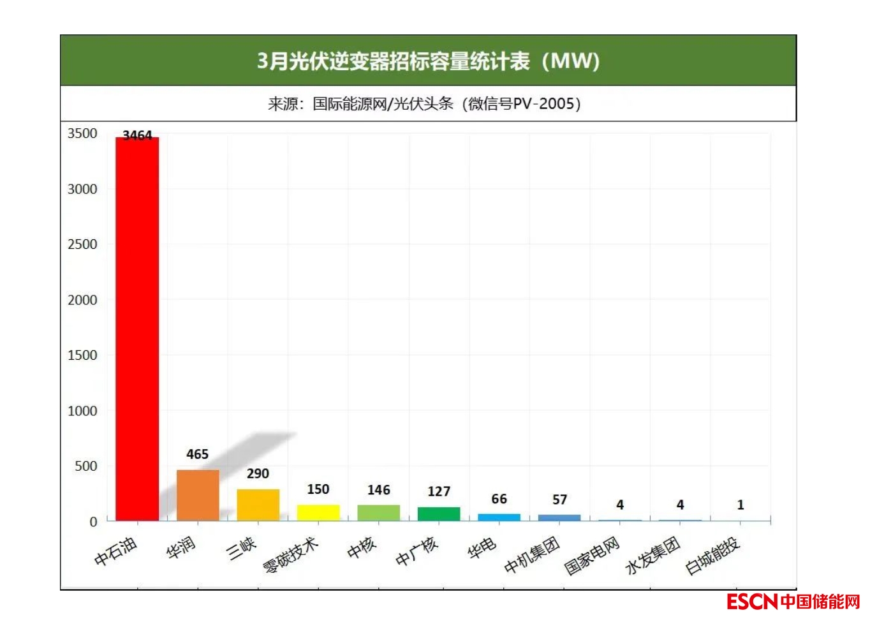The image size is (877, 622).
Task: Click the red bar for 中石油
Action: (x=137, y=329)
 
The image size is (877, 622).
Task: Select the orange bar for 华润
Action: (x=198, y=495)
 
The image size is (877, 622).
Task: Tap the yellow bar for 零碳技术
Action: (x=318, y=512)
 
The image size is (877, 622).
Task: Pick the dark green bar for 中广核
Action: (x=439, y=514)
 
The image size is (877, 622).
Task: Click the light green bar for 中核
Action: (x=378, y=512)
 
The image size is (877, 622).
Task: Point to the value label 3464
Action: (x=137, y=135)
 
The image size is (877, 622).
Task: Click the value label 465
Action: (x=197, y=454)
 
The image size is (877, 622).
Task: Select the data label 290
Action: (x=258, y=473)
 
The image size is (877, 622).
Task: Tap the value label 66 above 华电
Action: (x=499, y=499)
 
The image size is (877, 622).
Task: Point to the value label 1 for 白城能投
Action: (x=741, y=505)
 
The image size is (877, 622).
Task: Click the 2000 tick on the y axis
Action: (x=82, y=300)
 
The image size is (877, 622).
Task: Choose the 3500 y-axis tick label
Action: (x=82, y=133)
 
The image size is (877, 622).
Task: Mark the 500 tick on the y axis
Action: (x=85, y=466)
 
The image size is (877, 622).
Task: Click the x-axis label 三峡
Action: (x=242, y=548)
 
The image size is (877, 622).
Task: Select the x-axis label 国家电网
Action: (x=592, y=556)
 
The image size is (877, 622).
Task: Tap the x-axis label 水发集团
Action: (x=652, y=555)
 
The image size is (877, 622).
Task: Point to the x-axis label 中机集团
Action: (x=532, y=554)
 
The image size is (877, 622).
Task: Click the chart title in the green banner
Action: (x=428, y=61)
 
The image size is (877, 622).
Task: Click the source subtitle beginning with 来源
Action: (x=424, y=103)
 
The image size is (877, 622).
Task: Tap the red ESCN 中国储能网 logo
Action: (x=793, y=601)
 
